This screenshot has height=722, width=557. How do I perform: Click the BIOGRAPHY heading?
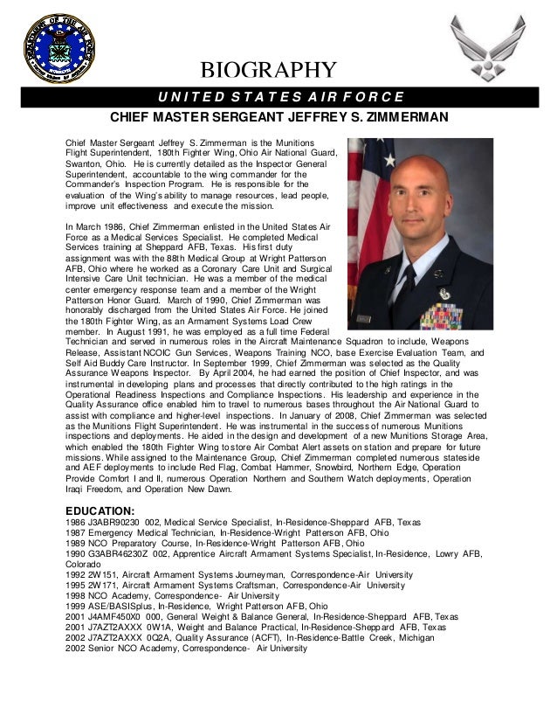pos(269,70)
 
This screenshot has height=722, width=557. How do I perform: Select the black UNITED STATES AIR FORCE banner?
pos(278,95)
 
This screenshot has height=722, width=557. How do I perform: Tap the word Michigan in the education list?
pos(418,638)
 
